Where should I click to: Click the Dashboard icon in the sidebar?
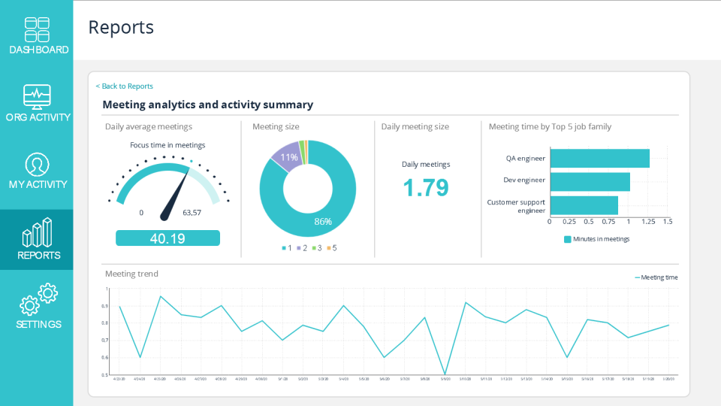[37, 29]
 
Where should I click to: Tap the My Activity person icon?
[37, 164]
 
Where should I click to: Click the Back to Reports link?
[125, 86]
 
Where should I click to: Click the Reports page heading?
[121, 28]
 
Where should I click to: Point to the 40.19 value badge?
[167, 238]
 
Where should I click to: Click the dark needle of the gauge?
[176, 195]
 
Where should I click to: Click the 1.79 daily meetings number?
[426, 188]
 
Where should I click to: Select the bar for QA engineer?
[599, 159]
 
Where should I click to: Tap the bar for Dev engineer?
[590, 182]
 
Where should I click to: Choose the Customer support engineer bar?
[584, 205]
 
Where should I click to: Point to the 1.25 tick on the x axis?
[648, 222]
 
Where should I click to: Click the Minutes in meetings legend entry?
[597, 239]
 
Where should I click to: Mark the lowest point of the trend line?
[445, 374]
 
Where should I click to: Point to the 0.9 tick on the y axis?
[106, 306]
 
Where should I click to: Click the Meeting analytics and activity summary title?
[207, 105]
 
